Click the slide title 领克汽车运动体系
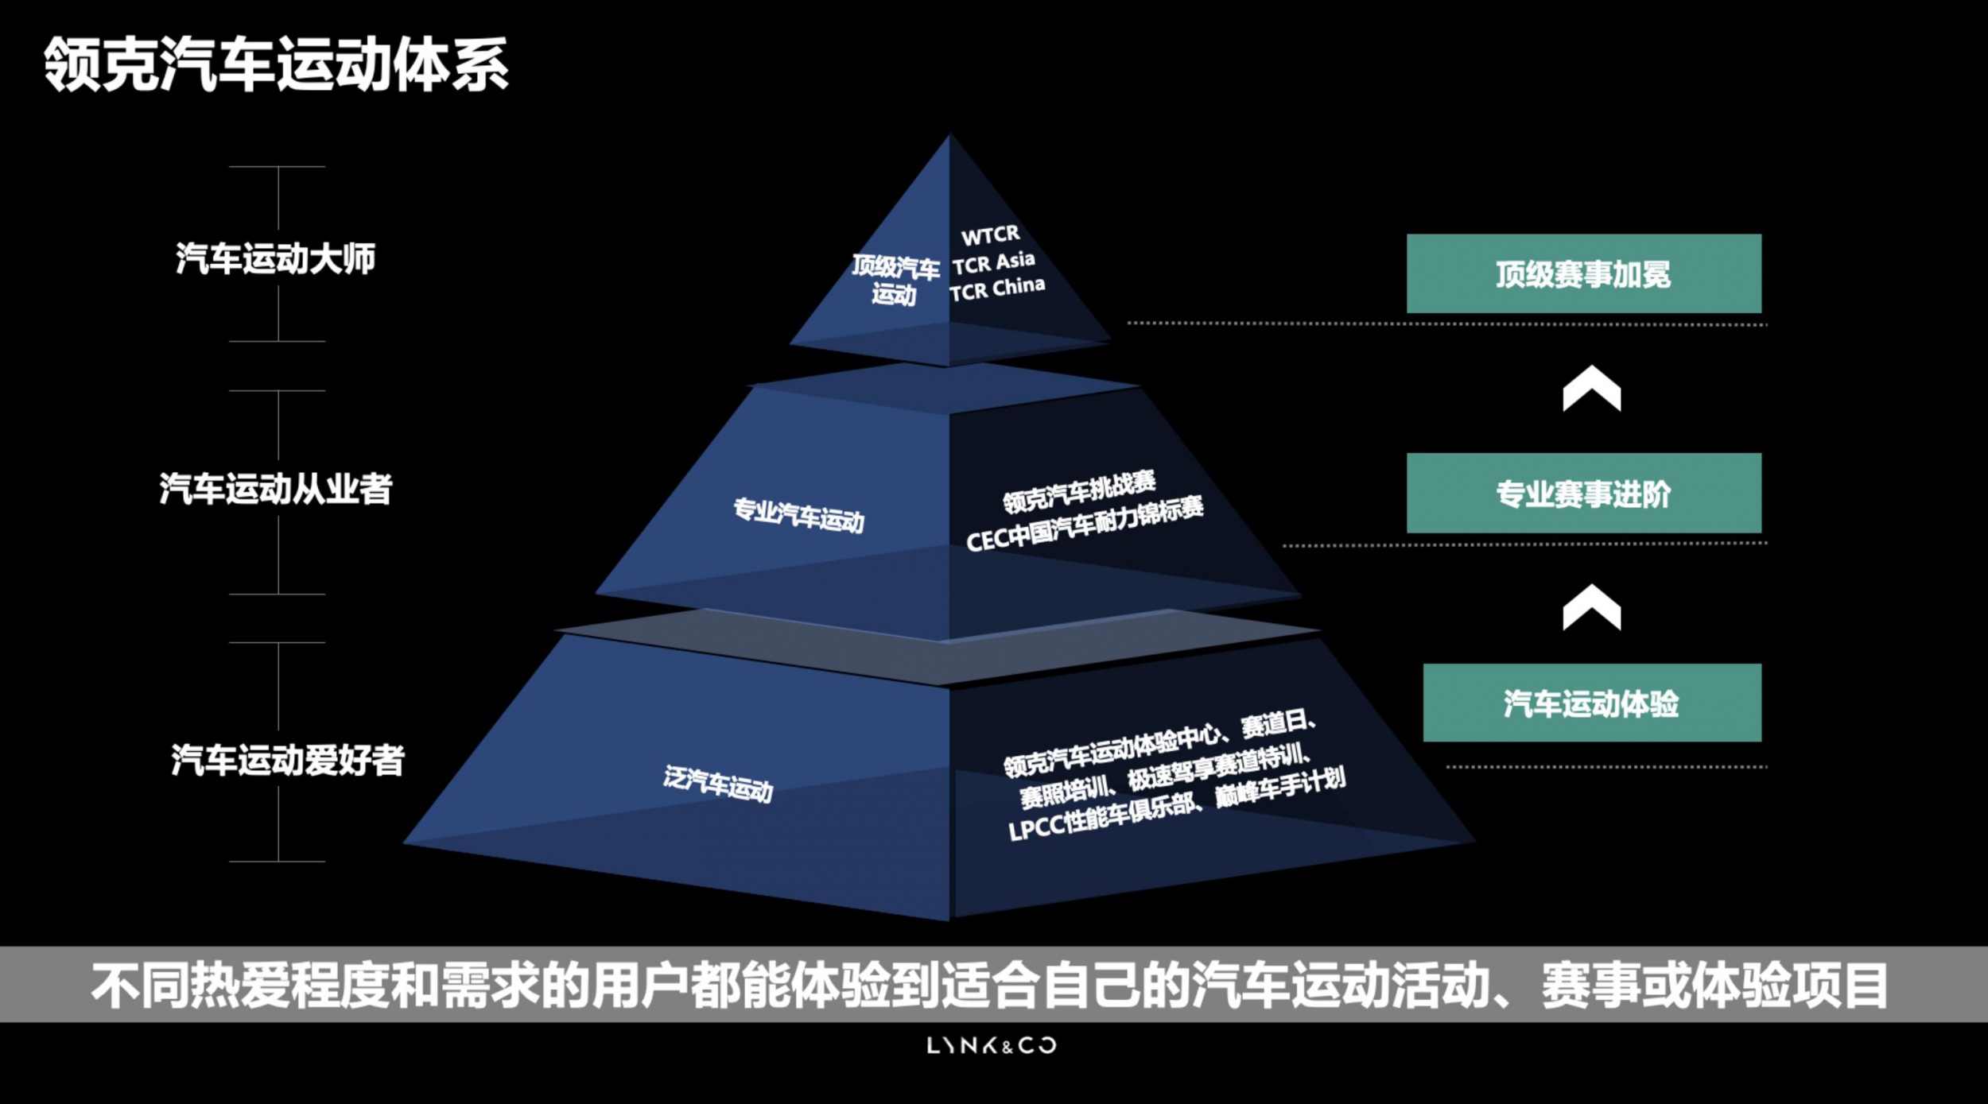coord(276,64)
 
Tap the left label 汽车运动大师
coord(275,259)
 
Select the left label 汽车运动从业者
coord(275,489)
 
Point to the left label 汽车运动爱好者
coord(287,760)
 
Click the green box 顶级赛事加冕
coord(1583,273)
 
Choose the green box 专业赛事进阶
coord(1583,493)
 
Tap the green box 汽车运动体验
coord(1592,703)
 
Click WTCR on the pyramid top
coord(990,235)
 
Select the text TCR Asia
coord(994,262)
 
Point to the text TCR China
coord(997,289)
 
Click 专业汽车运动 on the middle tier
coord(798,515)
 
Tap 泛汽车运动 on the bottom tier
coord(718,784)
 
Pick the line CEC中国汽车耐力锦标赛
coord(1085,524)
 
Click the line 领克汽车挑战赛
coord(1079,491)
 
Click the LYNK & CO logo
coord(992,1045)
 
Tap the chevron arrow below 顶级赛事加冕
coord(1591,388)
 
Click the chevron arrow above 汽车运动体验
coord(1591,607)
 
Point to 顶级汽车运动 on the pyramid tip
coord(895,280)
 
